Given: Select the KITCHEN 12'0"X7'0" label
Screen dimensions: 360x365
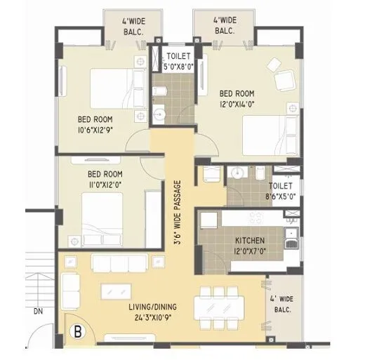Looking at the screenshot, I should coord(250,246).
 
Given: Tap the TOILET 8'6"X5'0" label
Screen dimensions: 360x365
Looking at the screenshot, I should coord(281,192).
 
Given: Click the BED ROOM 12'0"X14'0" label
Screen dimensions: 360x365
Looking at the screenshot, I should coord(237,98).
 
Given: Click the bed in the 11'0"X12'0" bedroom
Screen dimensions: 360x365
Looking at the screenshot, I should coord(107,218).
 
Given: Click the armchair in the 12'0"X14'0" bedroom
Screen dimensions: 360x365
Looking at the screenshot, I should coord(284,83).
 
